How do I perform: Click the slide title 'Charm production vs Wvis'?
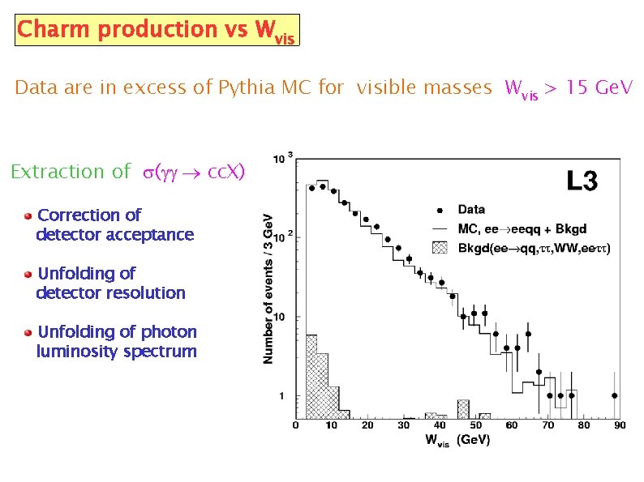coord(157,30)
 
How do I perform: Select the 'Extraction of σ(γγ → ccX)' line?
coord(127,172)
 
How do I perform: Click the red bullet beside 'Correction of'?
coord(28,215)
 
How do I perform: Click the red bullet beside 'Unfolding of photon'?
coord(28,332)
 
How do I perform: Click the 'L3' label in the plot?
coord(581,182)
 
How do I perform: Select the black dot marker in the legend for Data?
coord(440,211)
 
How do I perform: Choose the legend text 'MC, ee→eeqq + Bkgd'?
coord(522,229)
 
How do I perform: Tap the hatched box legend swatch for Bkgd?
coord(440,247)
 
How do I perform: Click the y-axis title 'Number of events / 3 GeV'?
coord(268,288)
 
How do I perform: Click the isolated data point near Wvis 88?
coord(615,395)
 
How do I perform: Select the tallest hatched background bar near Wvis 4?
coord(311,377)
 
